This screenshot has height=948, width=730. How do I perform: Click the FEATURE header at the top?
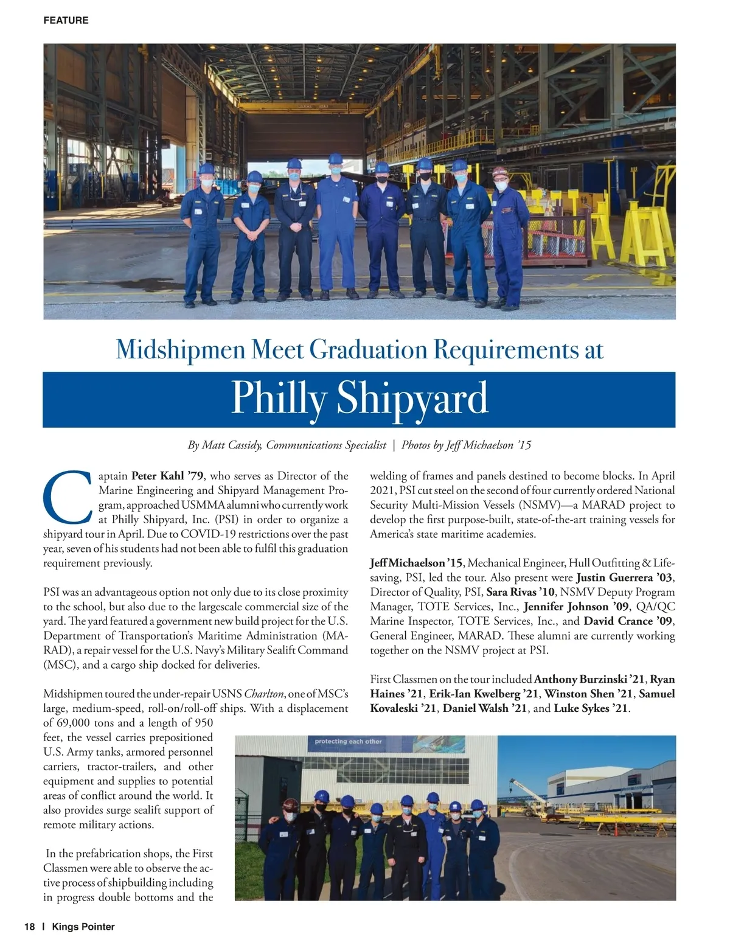[66, 21]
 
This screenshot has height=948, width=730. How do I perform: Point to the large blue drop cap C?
[68, 497]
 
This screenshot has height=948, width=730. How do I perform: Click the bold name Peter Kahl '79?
[168, 476]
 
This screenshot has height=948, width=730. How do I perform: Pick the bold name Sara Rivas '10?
[521, 592]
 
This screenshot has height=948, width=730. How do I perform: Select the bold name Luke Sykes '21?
[591, 708]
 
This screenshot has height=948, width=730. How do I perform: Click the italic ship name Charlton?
[264, 694]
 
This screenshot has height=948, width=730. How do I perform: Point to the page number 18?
[30, 927]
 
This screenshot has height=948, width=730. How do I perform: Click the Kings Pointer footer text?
[83, 927]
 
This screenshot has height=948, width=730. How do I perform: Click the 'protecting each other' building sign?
[348, 742]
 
